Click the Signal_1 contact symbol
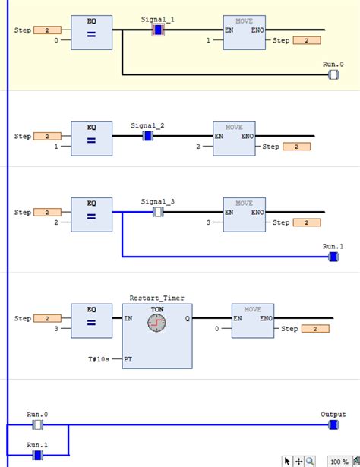tap(157, 30)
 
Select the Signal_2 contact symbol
tap(148, 136)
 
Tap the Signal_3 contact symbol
tap(158, 212)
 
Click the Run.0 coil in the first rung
tap(333, 75)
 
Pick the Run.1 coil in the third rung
tap(333, 257)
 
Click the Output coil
tap(333, 424)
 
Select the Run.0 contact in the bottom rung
tap(37, 424)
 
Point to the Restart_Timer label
tap(156, 298)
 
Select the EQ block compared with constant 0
tap(91, 33)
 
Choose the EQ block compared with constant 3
tap(91, 320)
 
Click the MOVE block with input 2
tap(234, 138)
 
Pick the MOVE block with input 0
tap(252, 320)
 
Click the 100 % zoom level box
tap(339, 461)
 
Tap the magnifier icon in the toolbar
tap(310, 461)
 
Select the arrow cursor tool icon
tap(287, 461)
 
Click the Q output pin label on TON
tap(187, 319)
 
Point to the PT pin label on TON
tap(128, 358)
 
